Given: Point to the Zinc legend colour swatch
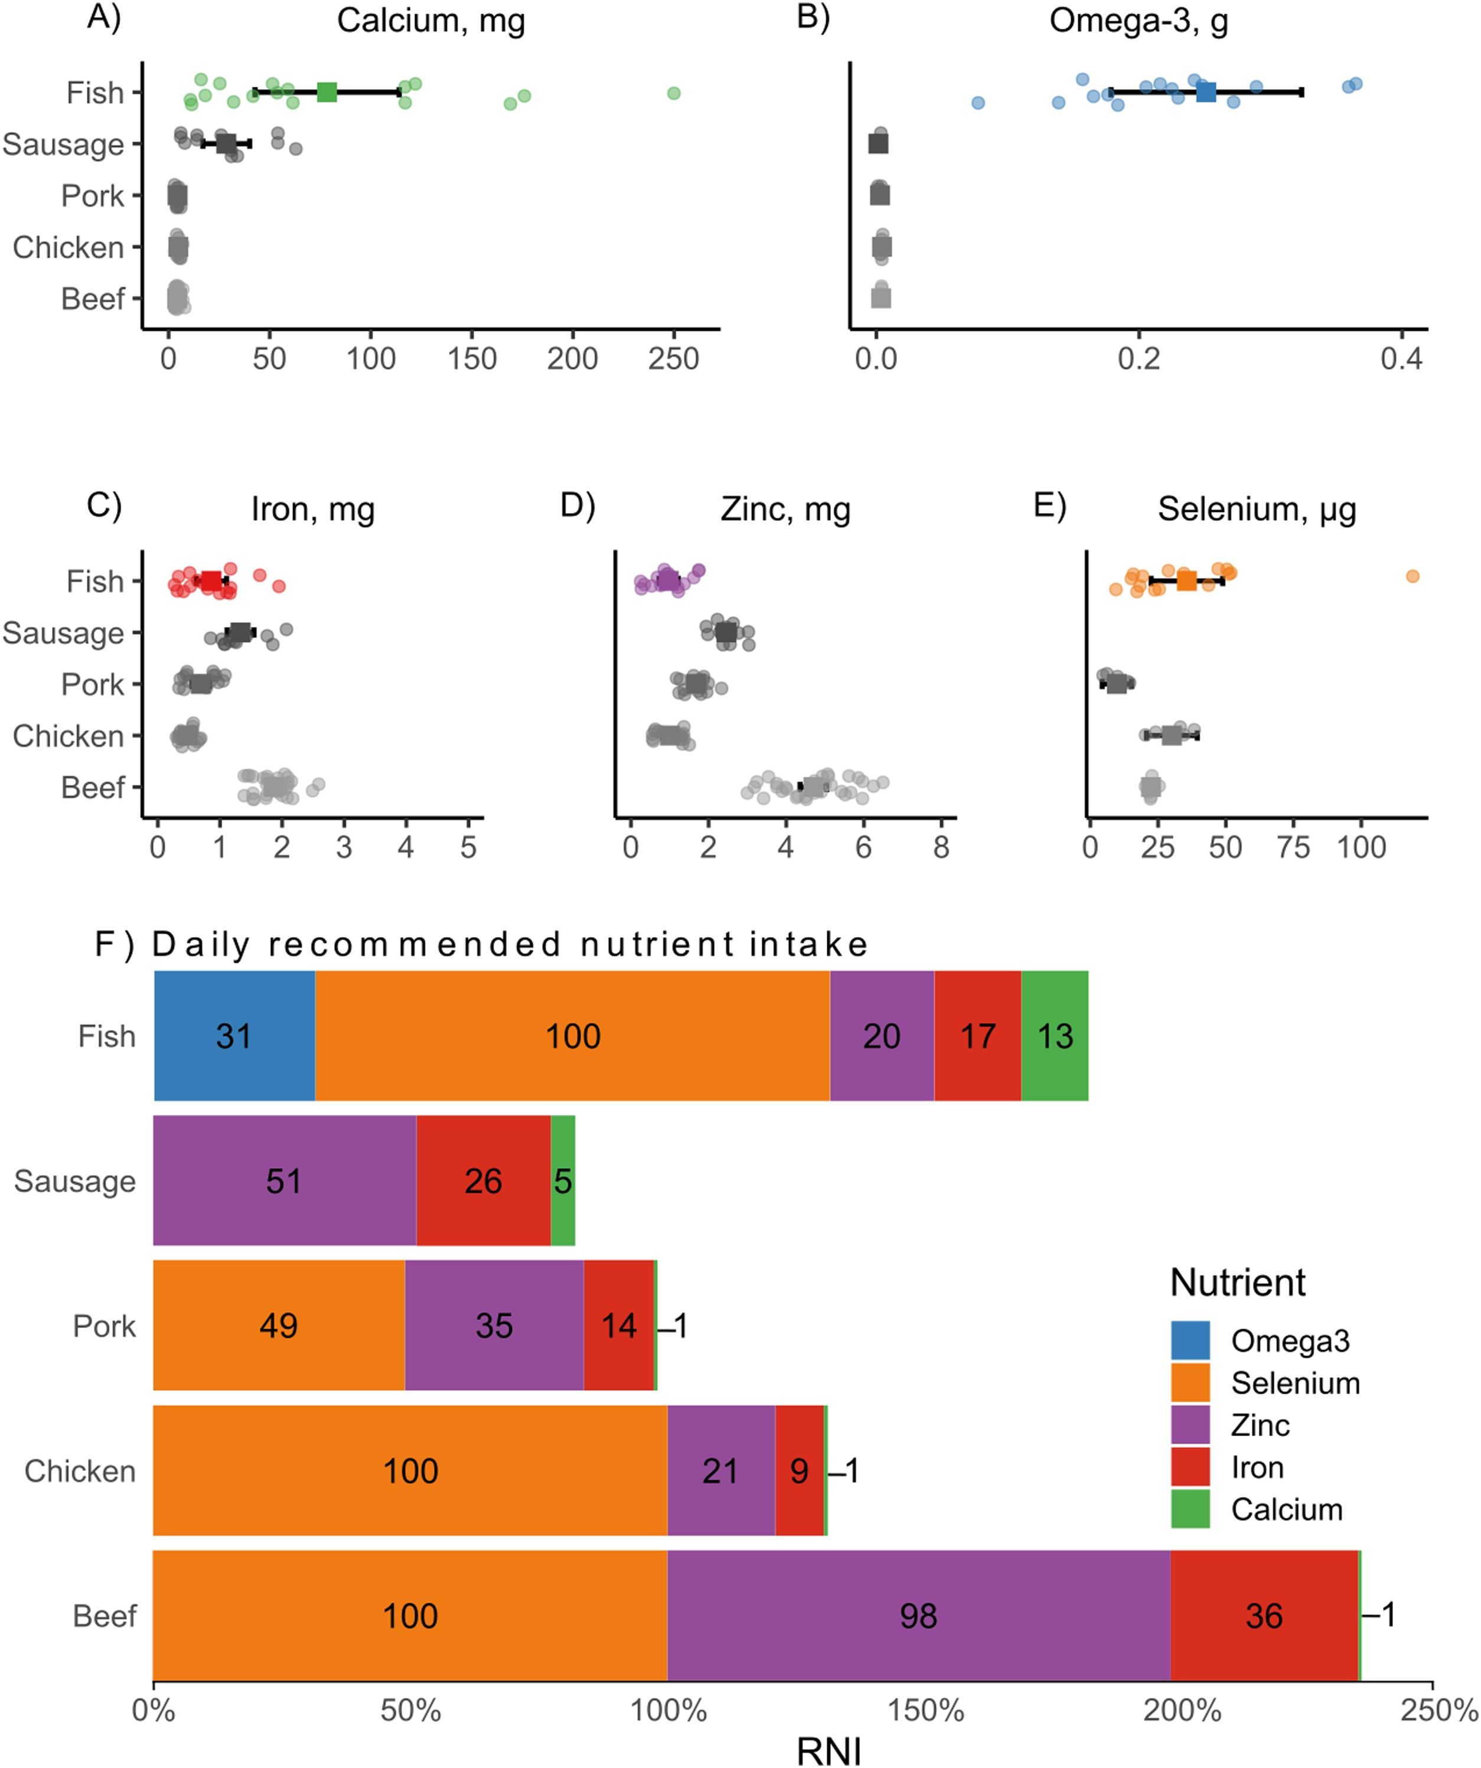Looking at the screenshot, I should (1190, 1426).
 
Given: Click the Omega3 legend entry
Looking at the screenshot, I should (1289, 1340).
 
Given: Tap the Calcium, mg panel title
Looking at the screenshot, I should (431, 20).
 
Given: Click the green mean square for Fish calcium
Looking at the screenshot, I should (327, 93).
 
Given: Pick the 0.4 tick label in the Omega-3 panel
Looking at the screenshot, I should (1401, 358).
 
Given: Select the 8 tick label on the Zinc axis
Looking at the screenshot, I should (941, 847).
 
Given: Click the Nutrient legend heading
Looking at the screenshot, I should (1237, 1282).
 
